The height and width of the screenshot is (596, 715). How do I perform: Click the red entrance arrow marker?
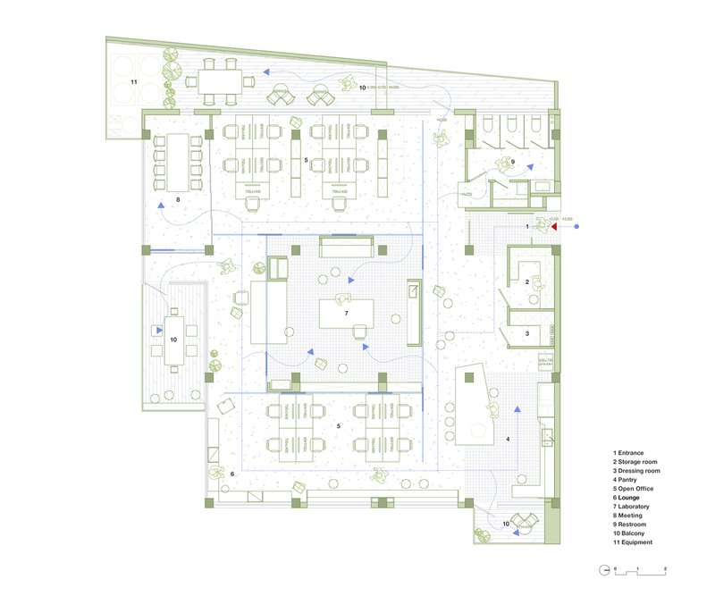coord(555,227)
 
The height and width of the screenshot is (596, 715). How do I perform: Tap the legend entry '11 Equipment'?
coord(633,542)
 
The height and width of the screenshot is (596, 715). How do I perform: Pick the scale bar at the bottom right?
coord(636,569)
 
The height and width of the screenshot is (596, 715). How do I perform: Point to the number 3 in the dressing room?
coord(527,333)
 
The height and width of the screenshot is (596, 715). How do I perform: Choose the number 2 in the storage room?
coord(527,282)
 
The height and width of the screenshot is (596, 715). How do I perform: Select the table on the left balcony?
coord(174,340)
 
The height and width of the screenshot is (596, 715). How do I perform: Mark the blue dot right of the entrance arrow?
coord(576,227)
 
